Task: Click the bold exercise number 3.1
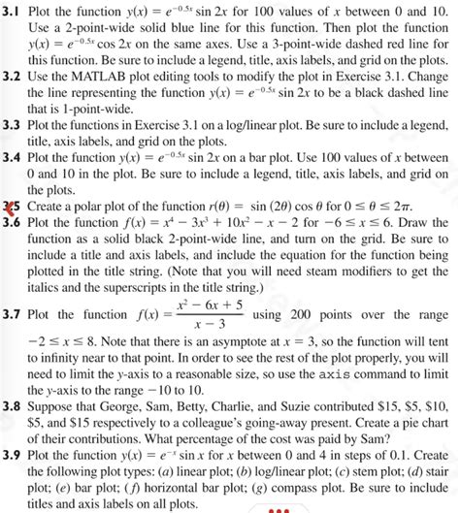point(13,11)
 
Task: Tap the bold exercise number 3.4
point(13,155)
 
